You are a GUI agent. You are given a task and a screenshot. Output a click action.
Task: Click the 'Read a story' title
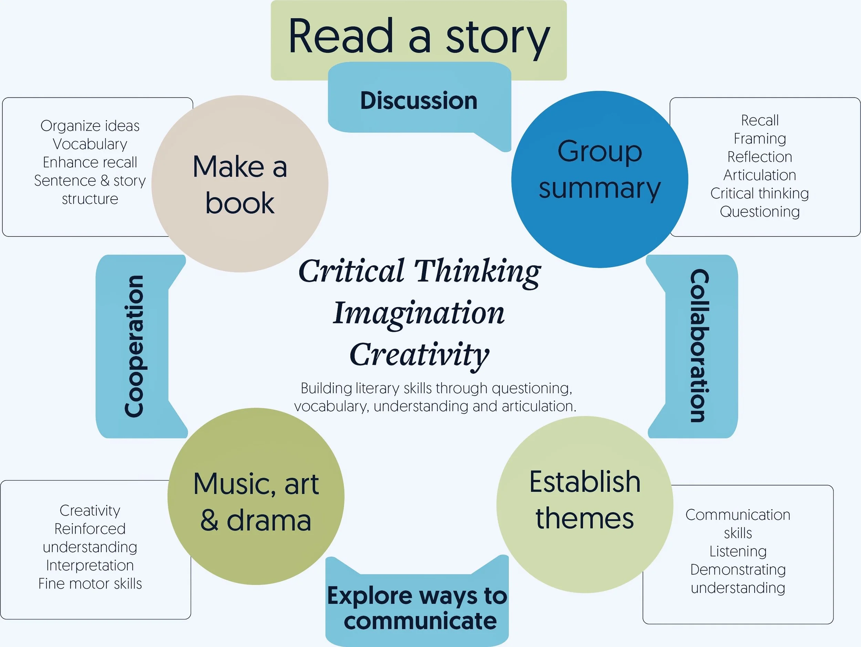click(419, 37)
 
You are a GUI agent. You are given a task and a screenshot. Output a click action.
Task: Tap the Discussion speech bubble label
click(419, 101)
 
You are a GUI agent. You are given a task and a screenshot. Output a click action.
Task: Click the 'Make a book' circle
click(240, 184)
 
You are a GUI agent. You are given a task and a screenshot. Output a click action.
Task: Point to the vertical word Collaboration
click(699, 346)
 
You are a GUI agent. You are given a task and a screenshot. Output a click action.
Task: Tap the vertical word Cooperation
click(134, 346)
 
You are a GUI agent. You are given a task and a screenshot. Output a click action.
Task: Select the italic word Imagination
click(419, 313)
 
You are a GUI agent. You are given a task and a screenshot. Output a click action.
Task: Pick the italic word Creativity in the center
click(419, 354)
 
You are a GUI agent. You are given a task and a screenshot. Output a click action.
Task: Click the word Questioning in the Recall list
click(759, 212)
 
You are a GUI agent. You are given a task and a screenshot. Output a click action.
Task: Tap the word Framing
click(759, 139)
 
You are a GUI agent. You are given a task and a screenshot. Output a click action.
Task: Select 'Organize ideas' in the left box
click(90, 126)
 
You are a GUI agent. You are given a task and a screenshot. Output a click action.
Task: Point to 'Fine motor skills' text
click(90, 584)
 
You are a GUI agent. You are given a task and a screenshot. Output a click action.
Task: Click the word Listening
click(738, 551)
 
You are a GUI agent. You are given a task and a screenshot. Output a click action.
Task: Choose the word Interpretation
click(90, 565)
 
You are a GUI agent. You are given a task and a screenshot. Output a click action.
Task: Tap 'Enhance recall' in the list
click(90, 162)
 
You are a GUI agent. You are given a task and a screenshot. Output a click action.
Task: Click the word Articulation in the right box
click(759, 175)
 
